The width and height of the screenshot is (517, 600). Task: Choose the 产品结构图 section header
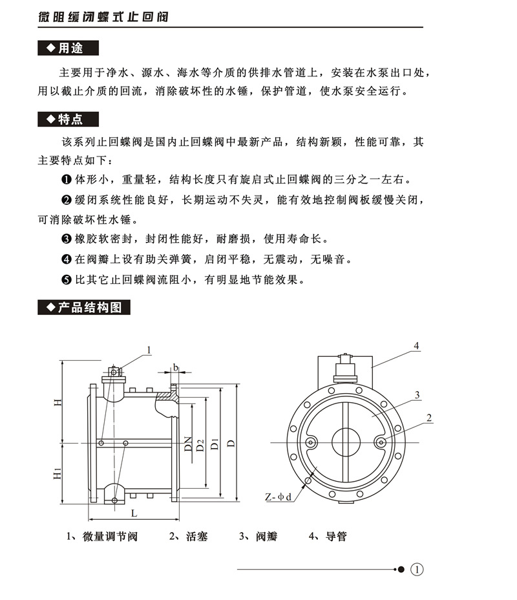85,307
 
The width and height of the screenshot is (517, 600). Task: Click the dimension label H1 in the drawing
58,474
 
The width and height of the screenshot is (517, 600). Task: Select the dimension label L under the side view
133,513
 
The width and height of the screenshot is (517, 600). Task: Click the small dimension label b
175,368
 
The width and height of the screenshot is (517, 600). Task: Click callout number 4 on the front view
417,347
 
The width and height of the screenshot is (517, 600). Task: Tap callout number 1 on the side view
148,350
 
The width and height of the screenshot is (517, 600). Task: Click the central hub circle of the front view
347,442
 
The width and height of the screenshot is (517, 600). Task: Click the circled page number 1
417,570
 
